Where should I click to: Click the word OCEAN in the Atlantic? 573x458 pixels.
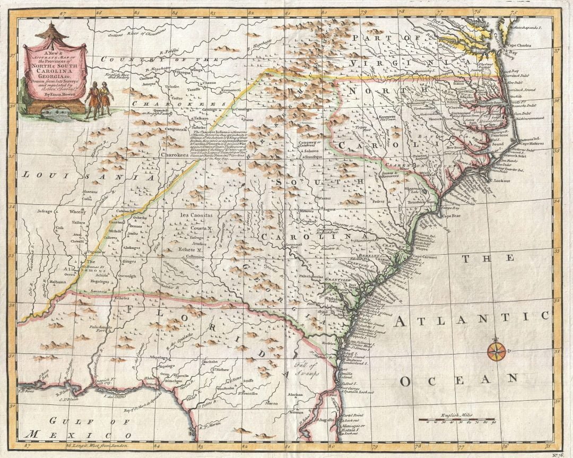click(458, 379)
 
